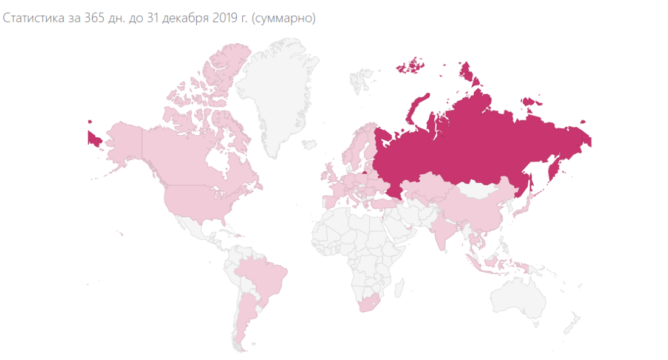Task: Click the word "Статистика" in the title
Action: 29,18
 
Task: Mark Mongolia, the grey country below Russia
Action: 480,189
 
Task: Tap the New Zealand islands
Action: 571,322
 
